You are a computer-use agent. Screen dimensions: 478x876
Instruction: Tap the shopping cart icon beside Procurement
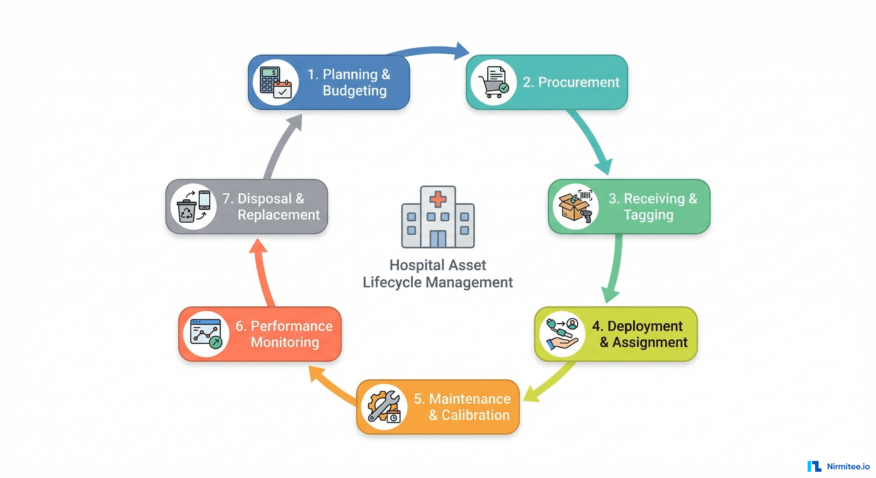coord(491,88)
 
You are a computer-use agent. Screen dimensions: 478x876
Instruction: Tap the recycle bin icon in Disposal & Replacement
coord(187,211)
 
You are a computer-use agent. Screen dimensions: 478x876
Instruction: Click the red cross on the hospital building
coord(438,199)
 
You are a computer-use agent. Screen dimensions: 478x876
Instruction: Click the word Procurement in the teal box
coord(578,82)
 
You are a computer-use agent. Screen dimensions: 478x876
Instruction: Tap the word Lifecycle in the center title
coord(392,282)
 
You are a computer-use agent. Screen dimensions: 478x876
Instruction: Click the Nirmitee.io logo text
coord(848,466)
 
